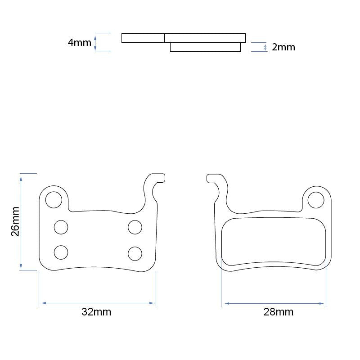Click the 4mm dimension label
pos(79,43)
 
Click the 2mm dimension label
pos(283,47)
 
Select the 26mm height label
pos(15,221)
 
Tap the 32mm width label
pos(96,312)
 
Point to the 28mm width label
pos(278,312)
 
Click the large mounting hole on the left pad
pos(54,199)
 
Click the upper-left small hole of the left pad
pos(61,227)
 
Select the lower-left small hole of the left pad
pos(61,252)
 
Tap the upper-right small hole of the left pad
pos(135,227)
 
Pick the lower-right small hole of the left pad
pos(135,254)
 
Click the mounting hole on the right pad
pos(316,200)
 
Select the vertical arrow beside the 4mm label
pos(95,42)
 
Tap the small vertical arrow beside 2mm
pos(265,47)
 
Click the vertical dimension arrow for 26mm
pos(21,221)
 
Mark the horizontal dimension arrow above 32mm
pos(97,303)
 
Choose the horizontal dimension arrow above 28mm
pos(274,303)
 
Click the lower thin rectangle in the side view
pos(205,47)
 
